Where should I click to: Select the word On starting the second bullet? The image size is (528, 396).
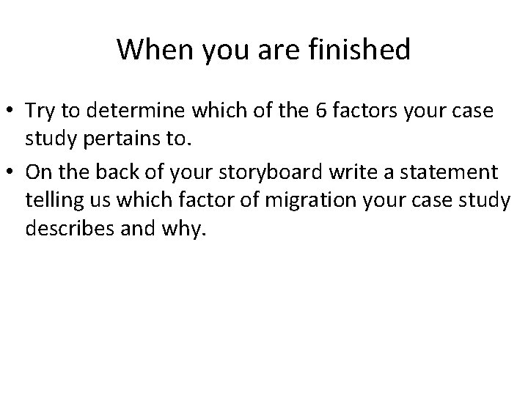(36, 172)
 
